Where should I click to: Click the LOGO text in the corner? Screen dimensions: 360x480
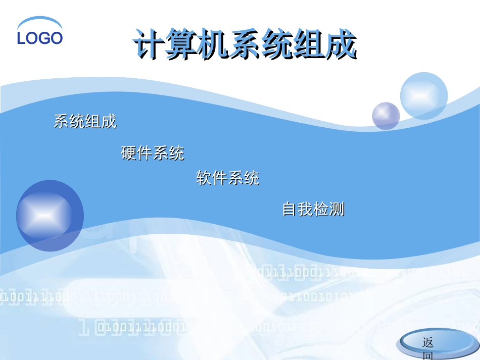40,38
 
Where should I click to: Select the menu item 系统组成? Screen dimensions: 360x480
85,121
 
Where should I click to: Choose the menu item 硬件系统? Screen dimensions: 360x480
153,152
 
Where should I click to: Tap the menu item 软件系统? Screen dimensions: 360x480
227,178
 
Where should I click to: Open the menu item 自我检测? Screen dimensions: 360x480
313,209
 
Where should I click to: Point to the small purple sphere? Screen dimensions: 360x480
386,116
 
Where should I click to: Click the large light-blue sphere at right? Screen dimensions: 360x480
423,95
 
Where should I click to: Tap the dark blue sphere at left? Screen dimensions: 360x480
50,216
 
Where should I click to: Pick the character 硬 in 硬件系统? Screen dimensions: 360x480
129,152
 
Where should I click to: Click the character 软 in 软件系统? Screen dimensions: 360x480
204,178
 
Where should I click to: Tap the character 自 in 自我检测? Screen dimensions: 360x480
289,209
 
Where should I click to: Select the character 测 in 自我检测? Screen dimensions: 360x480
337,209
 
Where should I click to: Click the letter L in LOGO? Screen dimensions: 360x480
22,38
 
